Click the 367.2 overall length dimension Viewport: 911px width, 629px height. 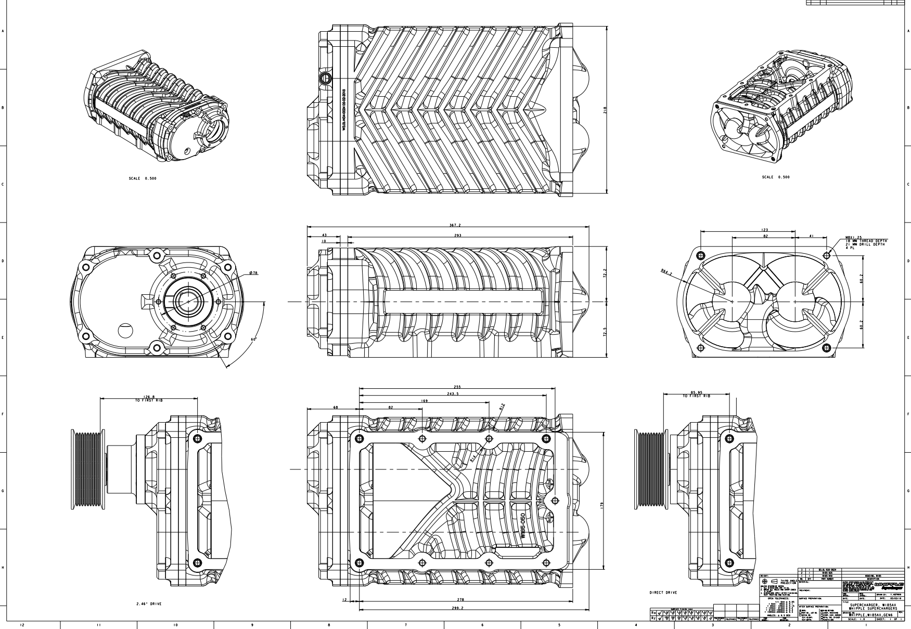tap(455, 226)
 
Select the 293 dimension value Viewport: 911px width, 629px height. tap(458, 235)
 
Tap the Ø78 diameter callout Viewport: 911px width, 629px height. tap(254, 273)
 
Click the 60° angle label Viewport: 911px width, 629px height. tap(254, 339)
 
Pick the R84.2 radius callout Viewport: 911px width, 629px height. tap(666, 272)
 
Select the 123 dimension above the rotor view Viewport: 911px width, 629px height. tap(764, 230)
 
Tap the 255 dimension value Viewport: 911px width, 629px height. tap(457, 387)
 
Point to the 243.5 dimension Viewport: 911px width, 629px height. tap(453, 394)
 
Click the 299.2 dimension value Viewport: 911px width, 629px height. tap(458, 608)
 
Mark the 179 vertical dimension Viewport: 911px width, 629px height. tap(601, 505)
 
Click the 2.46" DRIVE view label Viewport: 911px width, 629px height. tap(148, 604)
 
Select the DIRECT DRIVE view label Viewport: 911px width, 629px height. tap(663, 592)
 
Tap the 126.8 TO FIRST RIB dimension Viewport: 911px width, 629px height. tap(149, 398)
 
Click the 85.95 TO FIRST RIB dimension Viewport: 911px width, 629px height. tap(697, 394)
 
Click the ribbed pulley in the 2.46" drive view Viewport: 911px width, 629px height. tap(87, 469)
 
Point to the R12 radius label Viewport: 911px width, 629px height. tap(502, 407)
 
